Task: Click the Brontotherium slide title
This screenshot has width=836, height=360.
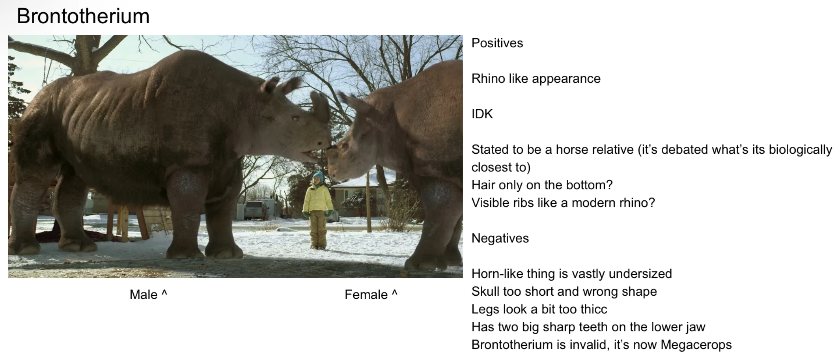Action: click(83, 16)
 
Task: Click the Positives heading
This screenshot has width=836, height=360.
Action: click(497, 43)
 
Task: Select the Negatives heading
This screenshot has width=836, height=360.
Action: click(500, 238)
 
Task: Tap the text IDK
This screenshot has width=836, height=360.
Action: click(482, 114)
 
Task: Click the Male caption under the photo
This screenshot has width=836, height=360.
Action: click(148, 295)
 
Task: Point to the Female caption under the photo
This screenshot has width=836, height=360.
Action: click(371, 295)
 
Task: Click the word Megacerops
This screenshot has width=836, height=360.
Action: click(696, 345)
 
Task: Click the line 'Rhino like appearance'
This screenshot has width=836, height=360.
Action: click(536, 78)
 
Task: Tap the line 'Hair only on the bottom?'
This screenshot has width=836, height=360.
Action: click(542, 185)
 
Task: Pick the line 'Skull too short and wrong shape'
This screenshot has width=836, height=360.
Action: click(564, 291)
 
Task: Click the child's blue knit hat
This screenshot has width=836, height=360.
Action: click(318, 177)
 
